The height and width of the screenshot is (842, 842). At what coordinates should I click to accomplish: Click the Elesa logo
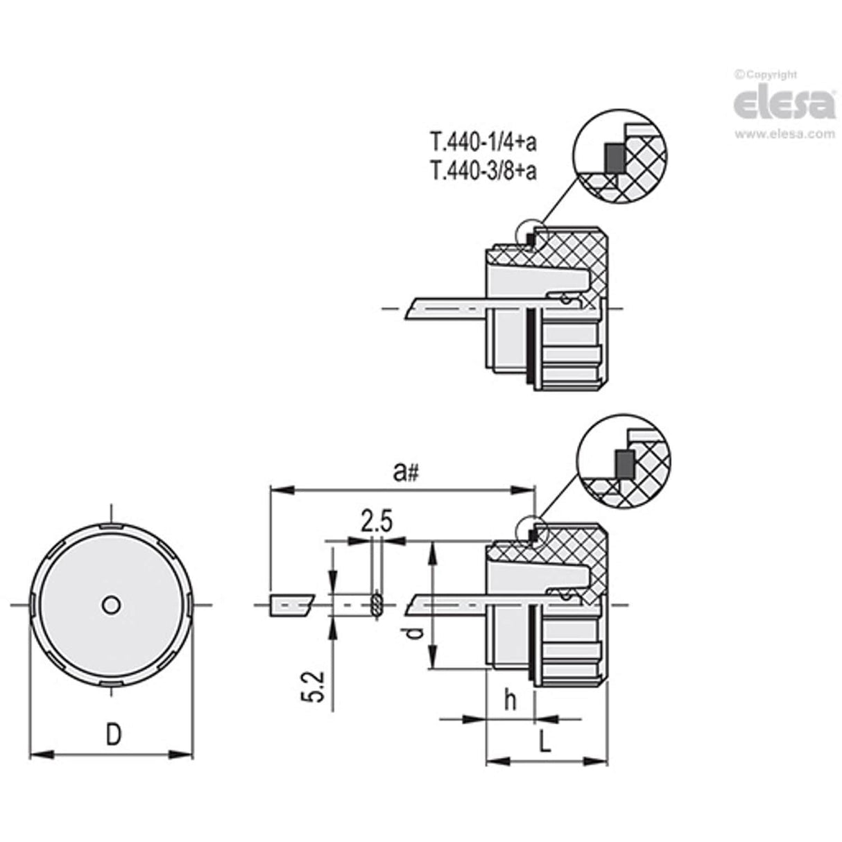[x=784, y=104]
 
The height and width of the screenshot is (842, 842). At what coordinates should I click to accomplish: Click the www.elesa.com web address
[x=784, y=134]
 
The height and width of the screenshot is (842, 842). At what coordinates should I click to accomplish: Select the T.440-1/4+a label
[x=483, y=143]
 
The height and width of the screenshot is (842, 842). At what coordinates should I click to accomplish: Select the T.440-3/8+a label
[x=483, y=171]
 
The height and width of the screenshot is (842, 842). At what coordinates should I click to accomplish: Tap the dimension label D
[x=113, y=734]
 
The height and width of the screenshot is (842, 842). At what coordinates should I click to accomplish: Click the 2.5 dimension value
[x=376, y=520]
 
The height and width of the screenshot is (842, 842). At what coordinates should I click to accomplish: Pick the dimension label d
[x=413, y=633]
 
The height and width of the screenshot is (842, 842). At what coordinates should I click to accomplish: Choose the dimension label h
[x=510, y=701]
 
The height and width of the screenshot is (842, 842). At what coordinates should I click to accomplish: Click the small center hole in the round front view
[x=110, y=605]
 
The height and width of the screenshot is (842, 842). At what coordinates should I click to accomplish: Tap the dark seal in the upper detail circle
[x=613, y=159]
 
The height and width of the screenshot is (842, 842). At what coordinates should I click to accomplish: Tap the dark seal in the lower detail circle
[x=622, y=463]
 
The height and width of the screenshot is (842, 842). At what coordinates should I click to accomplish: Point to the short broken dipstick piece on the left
[x=290, y=605]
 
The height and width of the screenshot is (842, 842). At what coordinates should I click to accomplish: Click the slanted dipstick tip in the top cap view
[x=416, y=307]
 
